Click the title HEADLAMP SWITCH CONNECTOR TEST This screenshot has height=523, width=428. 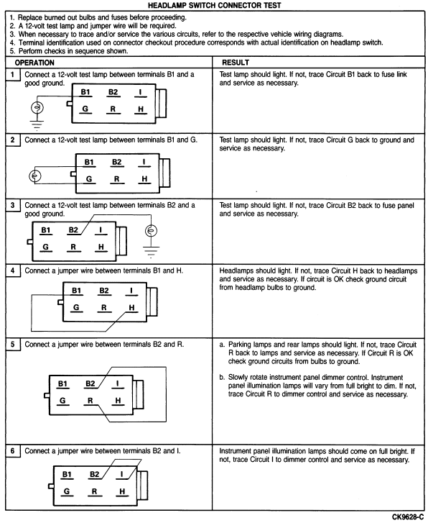[214, 5]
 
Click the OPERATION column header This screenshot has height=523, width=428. [34, 63]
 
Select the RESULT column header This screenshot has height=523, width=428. [236, 63]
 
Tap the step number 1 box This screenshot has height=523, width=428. [13, 74]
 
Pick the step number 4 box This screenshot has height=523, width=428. [13, 270]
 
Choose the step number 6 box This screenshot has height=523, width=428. [13, 451]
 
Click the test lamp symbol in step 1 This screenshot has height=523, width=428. [37, 107]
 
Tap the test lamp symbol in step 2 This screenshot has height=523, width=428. [35, 176]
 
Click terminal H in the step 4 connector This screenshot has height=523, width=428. [131, 308]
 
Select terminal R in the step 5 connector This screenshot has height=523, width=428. [90, 401]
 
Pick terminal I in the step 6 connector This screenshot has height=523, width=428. [122, 475]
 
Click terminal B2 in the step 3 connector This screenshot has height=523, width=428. [73, 230]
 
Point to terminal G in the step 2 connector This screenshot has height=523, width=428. [89, 179]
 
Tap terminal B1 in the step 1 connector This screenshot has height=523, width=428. [85, 92]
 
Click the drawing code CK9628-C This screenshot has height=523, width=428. [408, 517]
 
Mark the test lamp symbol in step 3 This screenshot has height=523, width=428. [152, 230]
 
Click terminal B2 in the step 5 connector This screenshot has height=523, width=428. [90, 384]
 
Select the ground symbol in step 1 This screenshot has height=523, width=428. [37, 124]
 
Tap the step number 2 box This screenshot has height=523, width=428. [13, 140]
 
